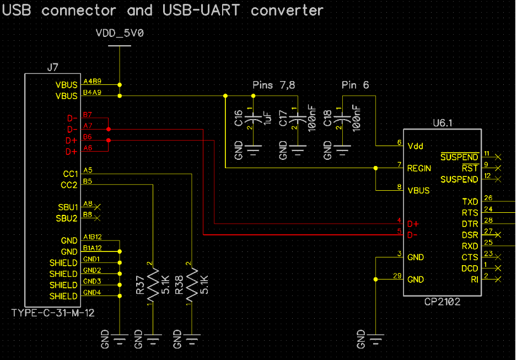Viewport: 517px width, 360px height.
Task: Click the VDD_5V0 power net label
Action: [x=120, y=33]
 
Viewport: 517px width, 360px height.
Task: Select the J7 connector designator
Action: [x=52, y=68]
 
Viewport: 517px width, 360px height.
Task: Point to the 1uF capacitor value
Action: [x=267, y=117]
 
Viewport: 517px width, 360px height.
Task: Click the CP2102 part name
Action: [x=442, y=302]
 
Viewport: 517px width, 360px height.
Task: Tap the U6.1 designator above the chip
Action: [x=443, y=123]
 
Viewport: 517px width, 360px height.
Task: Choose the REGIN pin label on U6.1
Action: [x=419, y=169]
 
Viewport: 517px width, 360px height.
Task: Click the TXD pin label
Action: [x=470, y=202]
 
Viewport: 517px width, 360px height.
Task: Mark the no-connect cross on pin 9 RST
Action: [x=498, y=168]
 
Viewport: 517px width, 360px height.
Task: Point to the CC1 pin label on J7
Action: [x=70, y=174]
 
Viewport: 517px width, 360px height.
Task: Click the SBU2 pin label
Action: [x=67, y=218]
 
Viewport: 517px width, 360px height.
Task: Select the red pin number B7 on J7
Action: [x=88, y=115]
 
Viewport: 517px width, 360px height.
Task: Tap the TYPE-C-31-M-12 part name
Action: [x=53, y=313]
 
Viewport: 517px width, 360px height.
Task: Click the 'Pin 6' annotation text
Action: [x=355, y=85]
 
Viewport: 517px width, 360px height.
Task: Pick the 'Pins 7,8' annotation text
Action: [x=274, y=85]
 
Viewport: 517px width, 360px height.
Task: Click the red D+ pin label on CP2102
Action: [x=413, y=224]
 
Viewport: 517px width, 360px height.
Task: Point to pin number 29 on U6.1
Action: [x=397, y=276]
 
